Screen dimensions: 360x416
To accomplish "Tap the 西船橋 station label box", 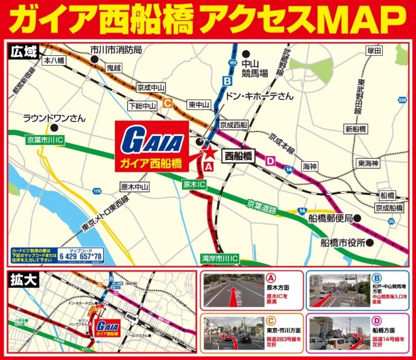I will (238, 157).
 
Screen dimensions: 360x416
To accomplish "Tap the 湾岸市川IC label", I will (220, 259).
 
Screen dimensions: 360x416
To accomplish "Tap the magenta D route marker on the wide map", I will (271, 160).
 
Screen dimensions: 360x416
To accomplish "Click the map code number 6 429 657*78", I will (81, 257).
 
